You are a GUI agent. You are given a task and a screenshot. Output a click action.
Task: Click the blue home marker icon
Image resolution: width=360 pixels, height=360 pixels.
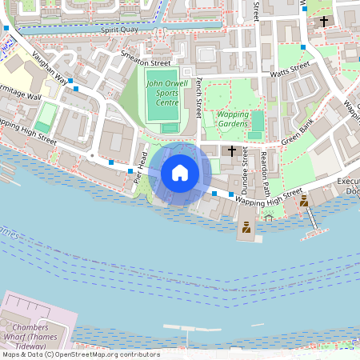click(x=180, y=173)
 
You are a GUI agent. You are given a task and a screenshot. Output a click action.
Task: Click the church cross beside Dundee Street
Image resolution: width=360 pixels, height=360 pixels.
click(x=232, y=150)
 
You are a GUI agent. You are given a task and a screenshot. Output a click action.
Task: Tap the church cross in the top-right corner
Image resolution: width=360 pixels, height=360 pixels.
click(x=325, y=21)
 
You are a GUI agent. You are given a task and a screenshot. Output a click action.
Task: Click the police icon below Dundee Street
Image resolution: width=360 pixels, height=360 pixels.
click(x=247, y=229)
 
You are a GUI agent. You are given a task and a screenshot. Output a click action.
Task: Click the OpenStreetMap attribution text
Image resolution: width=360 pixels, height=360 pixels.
click(x=80, y=354)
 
